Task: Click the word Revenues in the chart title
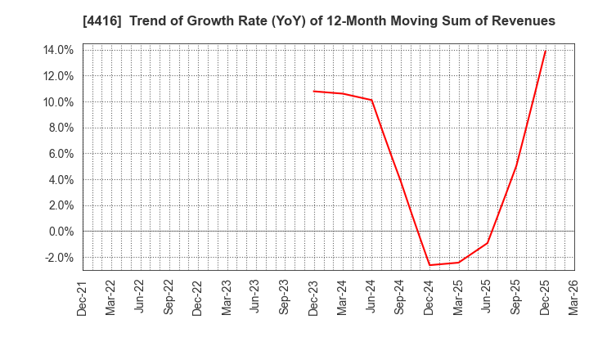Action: pos(521,21)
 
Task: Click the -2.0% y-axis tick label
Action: pos(57,258)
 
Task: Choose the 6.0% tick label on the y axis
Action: pos(59,154)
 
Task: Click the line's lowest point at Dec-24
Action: pos(429,265)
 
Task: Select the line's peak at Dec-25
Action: pos(545,52)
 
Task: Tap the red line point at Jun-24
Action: pos(372,100)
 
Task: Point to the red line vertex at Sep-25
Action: pos(516,167)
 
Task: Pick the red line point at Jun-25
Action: pos(488,243)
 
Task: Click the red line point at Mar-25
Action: pos(458,263)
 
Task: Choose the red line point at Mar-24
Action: pos(343,93)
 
